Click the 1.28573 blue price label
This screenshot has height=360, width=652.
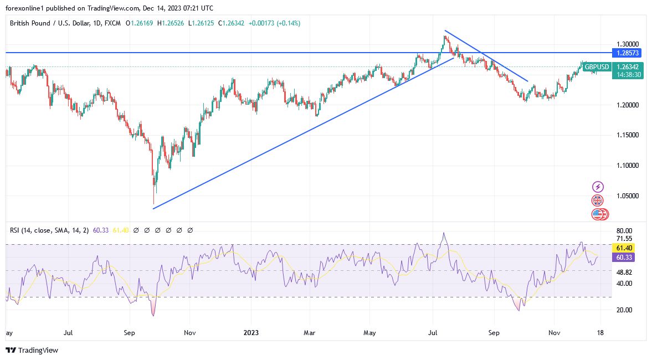pos(628,53)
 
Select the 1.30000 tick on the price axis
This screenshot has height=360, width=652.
pos(628,44)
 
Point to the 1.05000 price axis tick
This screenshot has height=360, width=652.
pos(628,196)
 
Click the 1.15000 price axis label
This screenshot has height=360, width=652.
pos(628,135)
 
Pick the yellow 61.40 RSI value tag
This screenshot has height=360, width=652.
pos(628,248)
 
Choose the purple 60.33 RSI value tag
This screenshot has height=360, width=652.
pos(628,258)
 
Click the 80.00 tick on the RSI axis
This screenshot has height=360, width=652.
pos(624,231)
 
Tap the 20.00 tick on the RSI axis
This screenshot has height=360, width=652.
pos(624,310)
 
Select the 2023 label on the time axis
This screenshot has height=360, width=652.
pos(251,333)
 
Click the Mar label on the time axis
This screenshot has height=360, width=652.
pos(310,333)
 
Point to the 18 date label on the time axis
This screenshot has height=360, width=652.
pos(600,333)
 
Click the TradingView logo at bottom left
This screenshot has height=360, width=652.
pos(32,350)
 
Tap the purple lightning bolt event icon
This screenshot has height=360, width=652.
pos(598,187)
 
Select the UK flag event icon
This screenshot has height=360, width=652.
pos(597,200)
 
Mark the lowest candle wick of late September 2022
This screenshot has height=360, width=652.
pos(153,203)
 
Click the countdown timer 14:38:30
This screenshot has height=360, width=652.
pos(628,75)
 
